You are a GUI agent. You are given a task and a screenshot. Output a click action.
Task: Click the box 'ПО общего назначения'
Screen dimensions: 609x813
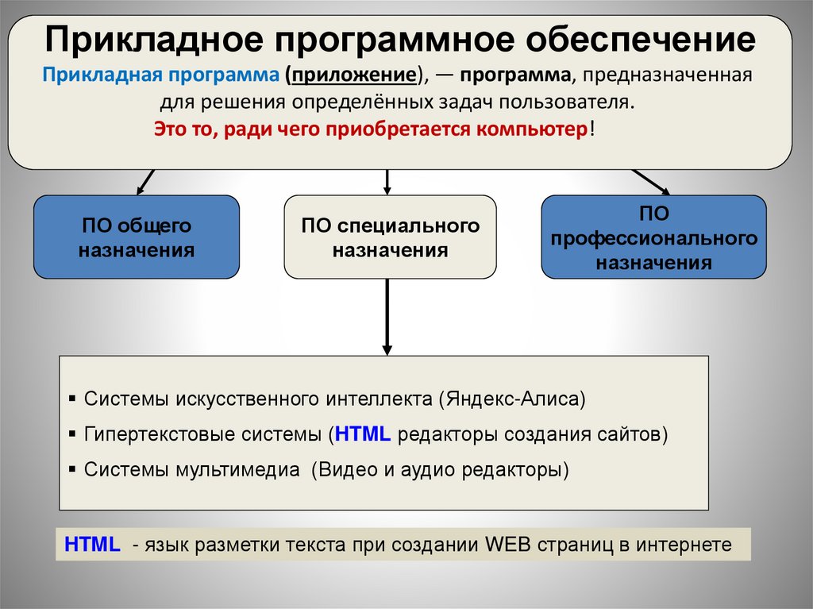coord(136,237)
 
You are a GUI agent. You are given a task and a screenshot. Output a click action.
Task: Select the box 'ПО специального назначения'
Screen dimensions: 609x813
coord(390,237)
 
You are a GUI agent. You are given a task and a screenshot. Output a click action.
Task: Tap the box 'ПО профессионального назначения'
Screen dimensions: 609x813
coord(653,237)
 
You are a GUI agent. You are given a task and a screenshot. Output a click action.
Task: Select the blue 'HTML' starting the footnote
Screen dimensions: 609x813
coord(92,545)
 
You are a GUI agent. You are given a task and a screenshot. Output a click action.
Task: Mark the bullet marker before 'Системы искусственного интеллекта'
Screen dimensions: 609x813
coord(72,398)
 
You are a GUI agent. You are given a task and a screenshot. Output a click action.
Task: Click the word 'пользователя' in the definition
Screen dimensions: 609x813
coord(584,103)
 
